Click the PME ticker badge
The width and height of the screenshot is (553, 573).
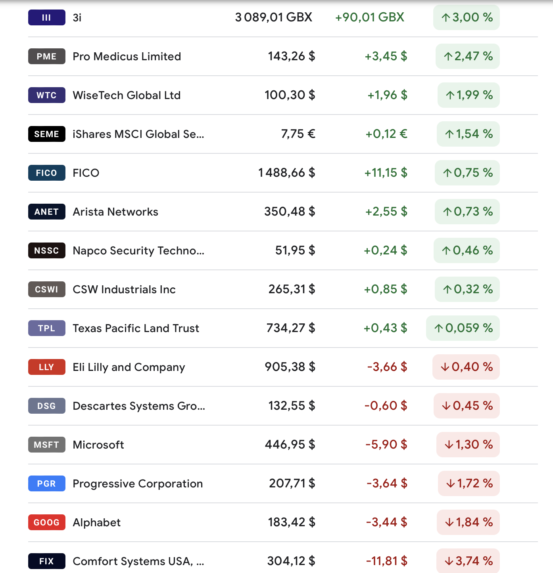(x=46, y=56)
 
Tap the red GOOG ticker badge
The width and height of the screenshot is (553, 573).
(x=46, y=522)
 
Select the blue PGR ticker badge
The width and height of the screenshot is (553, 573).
(x=46, y=483)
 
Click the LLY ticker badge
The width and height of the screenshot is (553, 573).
(x=46, y=367)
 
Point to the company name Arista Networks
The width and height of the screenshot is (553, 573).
(x=115, y=212)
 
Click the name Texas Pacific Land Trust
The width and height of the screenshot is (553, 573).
(x=136, y=328)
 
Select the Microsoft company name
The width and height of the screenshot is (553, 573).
(x=98, y=445)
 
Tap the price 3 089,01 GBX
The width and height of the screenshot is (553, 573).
(x=273, y=17)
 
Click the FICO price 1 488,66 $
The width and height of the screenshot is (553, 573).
(x=286, y=173)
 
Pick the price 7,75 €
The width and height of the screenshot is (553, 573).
(x=298, y=134)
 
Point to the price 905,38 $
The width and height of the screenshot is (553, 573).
(x=290, y=367)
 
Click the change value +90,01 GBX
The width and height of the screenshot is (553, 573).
(x=369, y=17)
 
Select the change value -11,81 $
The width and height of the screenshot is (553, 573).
(x=386, y=561)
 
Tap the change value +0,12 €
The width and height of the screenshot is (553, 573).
(x=386, y=134)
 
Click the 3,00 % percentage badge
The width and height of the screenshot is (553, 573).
(x=467, y=17)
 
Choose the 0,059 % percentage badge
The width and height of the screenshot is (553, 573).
(x=463, y=328)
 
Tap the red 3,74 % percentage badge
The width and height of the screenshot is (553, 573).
(x=468, y=561)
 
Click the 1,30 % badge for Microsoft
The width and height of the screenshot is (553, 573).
(x=468, y=445)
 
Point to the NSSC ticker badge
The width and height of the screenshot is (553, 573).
(x=46, y=250)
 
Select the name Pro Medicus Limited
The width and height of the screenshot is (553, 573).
(x=127, y=56)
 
